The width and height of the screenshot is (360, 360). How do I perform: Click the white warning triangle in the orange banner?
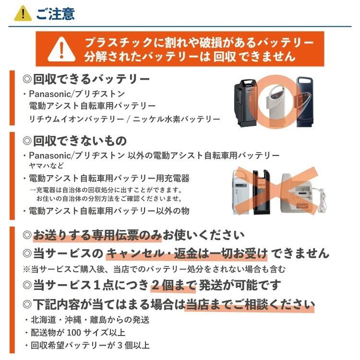(x=60, y=48)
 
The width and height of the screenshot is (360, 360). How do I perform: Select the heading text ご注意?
(x=55, y=13)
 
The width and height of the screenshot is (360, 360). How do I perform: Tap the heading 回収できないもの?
(x=75, y=141)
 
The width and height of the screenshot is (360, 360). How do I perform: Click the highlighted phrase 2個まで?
(x=173, y=285)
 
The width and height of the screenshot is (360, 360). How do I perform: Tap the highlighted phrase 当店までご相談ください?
(x=250, y=304)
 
